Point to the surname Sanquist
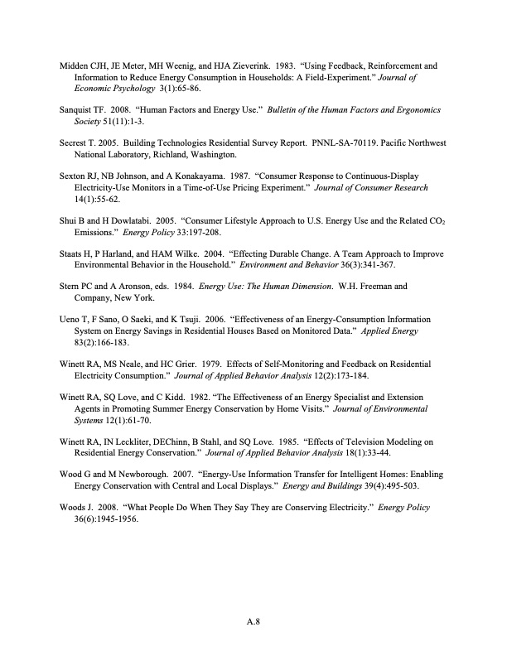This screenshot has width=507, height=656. point(80,109)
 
